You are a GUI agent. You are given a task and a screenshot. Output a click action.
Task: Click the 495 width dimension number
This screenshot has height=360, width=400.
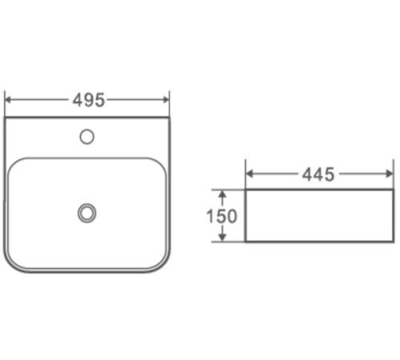(x=89, y=100)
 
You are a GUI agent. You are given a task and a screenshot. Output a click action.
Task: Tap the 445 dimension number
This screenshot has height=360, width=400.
(x=318, y=174)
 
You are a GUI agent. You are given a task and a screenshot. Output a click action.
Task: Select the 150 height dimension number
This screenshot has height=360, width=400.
(x=222, y=216)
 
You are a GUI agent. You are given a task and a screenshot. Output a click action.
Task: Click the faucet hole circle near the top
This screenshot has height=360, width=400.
(x=87, y=137)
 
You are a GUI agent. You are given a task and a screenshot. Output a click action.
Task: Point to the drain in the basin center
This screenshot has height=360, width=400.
(x=87, y=213)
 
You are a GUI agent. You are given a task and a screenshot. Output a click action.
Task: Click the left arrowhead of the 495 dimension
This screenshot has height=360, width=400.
(x=8, y=100)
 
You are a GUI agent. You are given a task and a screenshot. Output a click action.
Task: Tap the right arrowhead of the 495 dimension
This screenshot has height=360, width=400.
(x=166, y=100)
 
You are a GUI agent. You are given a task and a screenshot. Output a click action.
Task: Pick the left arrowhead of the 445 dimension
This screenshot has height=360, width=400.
(x=249, y=174)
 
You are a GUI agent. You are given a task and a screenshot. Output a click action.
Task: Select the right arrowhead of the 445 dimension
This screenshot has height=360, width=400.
(x=390, y=174)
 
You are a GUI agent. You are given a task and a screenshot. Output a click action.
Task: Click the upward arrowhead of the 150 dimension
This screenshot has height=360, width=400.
(x=222, y=194)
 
